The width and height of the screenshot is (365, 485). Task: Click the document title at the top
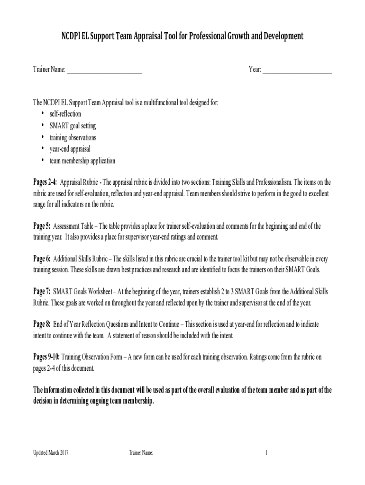coord(182,36)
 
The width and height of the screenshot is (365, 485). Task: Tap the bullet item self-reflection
coord(65,114)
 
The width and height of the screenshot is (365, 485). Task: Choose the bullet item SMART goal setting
coord(73,126)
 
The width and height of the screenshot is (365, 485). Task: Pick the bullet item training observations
coord(73,138)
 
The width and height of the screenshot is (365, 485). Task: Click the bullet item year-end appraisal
coord(70,149)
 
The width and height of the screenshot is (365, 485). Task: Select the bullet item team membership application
coord(82,161)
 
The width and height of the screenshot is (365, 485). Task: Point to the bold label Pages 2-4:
coord(45,182)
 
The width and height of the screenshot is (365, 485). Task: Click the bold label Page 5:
coord(42,226)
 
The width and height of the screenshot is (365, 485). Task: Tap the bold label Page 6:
coord(42,259)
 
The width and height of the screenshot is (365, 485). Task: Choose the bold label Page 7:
coord(42,292)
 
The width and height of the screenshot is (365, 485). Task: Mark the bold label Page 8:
coord(42,324)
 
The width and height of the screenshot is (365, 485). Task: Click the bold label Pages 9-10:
coord(46,357)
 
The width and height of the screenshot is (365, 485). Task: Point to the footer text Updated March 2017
coord(51,453)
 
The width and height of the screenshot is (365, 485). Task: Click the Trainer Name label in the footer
coord(141,453)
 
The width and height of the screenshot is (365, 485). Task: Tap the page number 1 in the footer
coord(266,453)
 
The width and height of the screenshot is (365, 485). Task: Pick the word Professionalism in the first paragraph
coord(274,182)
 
